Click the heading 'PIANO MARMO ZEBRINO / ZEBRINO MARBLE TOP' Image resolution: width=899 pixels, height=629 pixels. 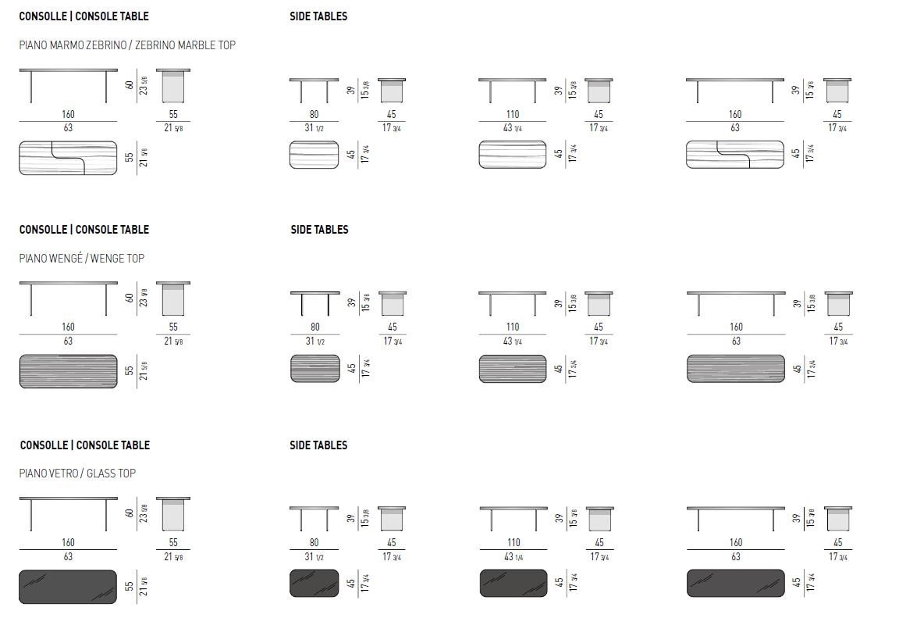click(x=127, y=45)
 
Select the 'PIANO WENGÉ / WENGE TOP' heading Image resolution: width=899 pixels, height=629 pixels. click(x=82, y=259)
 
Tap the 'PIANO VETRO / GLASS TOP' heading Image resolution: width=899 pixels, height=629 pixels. click(x=77, y=474)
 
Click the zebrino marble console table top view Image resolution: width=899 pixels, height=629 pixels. click(x=68, y=158)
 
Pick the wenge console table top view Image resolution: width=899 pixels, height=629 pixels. click(x=68, y=371)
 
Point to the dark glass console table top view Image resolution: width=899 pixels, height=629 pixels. click(x=68, y=586)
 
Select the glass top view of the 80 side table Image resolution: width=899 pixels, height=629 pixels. click(x=314, y=583)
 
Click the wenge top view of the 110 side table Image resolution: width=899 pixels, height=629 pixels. click(x=512, y=369)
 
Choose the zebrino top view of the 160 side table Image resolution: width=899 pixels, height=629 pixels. click(x=735, y=154)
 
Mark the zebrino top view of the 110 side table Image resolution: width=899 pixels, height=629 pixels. click(x=512, y=154)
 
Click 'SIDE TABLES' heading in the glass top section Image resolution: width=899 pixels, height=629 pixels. click(x=318, y=445)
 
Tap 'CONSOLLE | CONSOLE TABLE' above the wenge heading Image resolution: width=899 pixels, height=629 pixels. click(x=84, y=230)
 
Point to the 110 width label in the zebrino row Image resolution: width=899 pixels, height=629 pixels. click(x=512, y=115)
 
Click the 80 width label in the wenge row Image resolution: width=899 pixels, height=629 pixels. click(x=314, y=327)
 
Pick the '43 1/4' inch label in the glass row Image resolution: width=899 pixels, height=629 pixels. click(x=513, y=556)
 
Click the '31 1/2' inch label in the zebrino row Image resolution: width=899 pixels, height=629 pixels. click(x=314, y=127)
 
